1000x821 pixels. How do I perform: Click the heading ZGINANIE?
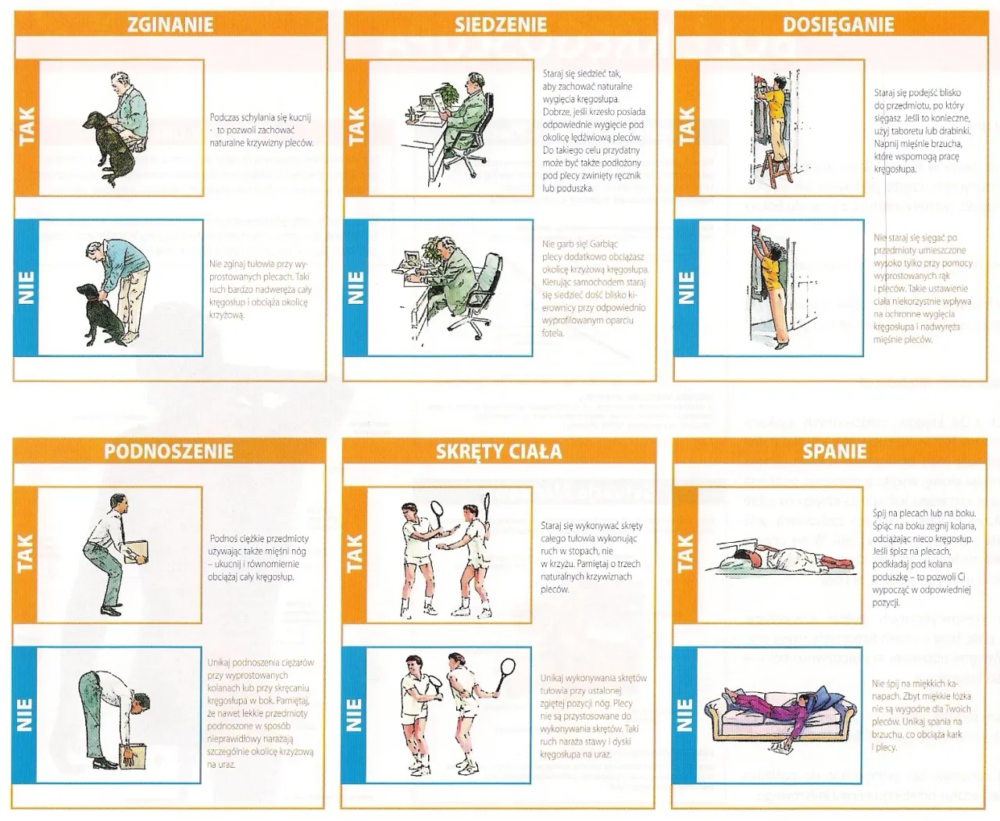(x=170, y=24)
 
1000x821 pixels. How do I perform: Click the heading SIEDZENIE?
(x=501, y=24)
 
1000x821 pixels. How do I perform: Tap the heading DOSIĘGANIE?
(x=837, y=24)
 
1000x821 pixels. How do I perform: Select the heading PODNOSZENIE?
(x=169, y=451)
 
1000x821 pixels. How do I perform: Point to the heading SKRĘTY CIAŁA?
(x=498, y=451)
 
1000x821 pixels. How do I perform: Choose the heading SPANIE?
(x=834, y=451)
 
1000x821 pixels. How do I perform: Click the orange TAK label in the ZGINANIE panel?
(x=26, y=128)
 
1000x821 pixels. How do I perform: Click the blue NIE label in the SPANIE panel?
(x=685, y=714)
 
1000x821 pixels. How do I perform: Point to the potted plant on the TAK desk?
(x=448, y=95)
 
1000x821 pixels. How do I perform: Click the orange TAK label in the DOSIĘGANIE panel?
(x=685, y=128)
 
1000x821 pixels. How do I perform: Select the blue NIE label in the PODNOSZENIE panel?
(x=26, y=714)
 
